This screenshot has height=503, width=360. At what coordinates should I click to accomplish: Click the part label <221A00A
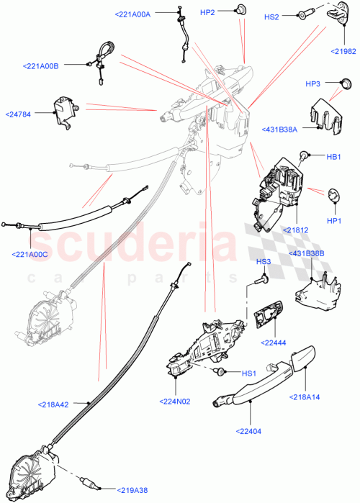[x=132, y=14]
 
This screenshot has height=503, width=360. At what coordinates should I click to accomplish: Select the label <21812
[x=295, y=230]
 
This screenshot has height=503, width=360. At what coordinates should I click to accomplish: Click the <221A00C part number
[x=30, y=253]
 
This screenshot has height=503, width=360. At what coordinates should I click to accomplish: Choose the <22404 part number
[x=248, y=431]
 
